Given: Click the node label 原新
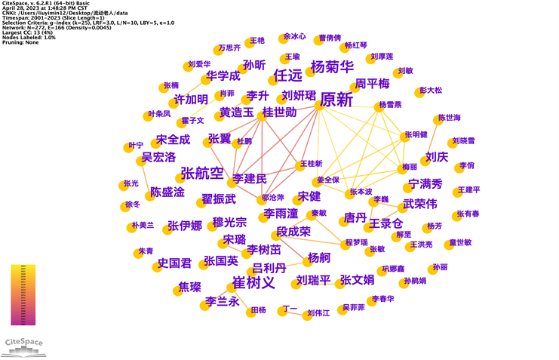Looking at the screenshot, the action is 336,100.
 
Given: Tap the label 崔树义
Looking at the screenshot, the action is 253,284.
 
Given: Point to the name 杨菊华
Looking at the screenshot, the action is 332,66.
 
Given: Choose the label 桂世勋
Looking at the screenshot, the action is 279,113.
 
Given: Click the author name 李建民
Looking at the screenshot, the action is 249,180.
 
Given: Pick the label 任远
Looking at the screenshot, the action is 287,75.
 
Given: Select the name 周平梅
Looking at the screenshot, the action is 373,83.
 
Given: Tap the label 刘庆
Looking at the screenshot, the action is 437,157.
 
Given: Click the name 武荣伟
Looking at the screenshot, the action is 420,204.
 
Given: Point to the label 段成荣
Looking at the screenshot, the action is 293,232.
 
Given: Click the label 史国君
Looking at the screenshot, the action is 174,264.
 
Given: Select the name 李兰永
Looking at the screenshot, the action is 223,302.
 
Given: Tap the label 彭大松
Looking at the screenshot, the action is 432,91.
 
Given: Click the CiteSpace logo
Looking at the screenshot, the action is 24,344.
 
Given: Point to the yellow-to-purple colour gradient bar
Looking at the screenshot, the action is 23,295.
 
